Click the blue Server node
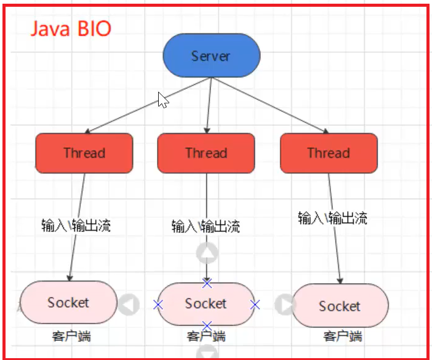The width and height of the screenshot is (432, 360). [x=211, y=56]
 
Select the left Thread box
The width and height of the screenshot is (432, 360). [x=84, y=153]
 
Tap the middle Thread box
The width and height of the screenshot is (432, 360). [x=206, y=153]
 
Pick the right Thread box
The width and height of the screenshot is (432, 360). [x=329, y=153]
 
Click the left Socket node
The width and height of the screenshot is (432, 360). [x=68, y=302]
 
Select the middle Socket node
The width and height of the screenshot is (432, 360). [x=206, y=303]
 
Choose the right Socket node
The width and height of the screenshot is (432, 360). [x=340, y=306]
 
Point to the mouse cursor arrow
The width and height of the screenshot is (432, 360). [x=162, y=100]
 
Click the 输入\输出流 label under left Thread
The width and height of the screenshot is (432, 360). [x=76, y=226]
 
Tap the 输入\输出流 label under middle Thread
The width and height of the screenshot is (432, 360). [x=206, y=226]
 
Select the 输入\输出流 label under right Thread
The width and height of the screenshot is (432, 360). [x=332, y=218]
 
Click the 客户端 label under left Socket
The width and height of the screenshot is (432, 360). [x=71, y=336]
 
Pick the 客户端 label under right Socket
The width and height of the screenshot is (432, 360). [x=342, y=337]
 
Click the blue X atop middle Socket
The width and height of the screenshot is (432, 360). [x=207, y=283]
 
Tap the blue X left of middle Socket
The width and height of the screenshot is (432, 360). [x=159, y=304]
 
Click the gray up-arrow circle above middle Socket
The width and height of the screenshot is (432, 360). [x=207, y=253]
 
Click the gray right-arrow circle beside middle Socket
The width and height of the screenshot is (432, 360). [x=284, y=304]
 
